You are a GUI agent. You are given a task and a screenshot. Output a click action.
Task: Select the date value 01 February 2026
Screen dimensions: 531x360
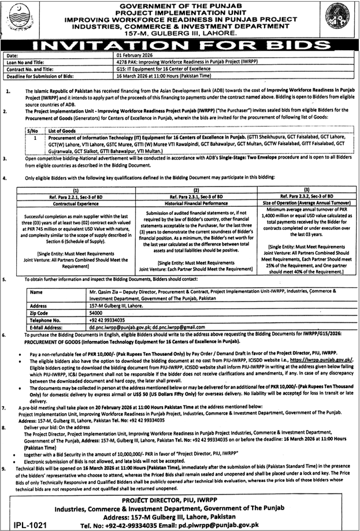click(x=135, y=55)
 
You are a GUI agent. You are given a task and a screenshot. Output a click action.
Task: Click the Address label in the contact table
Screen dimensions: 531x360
click(x=39, y=303)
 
